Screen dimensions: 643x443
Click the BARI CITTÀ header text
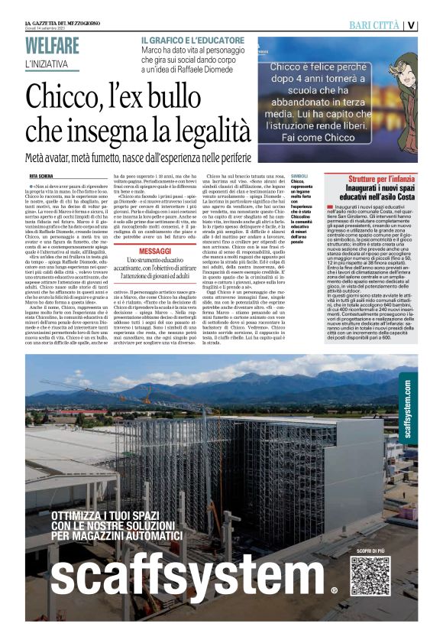point(374,25)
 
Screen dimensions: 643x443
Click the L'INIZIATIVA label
point(47,64)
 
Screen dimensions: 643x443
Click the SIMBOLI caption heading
point(299,175)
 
